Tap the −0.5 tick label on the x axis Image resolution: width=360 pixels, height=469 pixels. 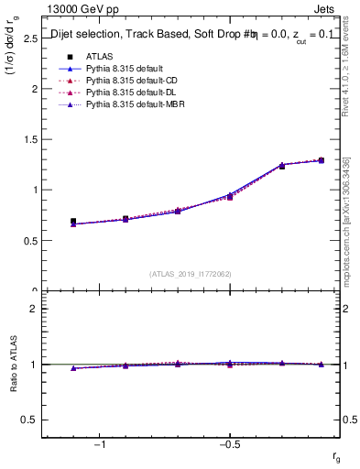228,443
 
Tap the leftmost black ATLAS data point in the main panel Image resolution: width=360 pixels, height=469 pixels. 73,222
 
